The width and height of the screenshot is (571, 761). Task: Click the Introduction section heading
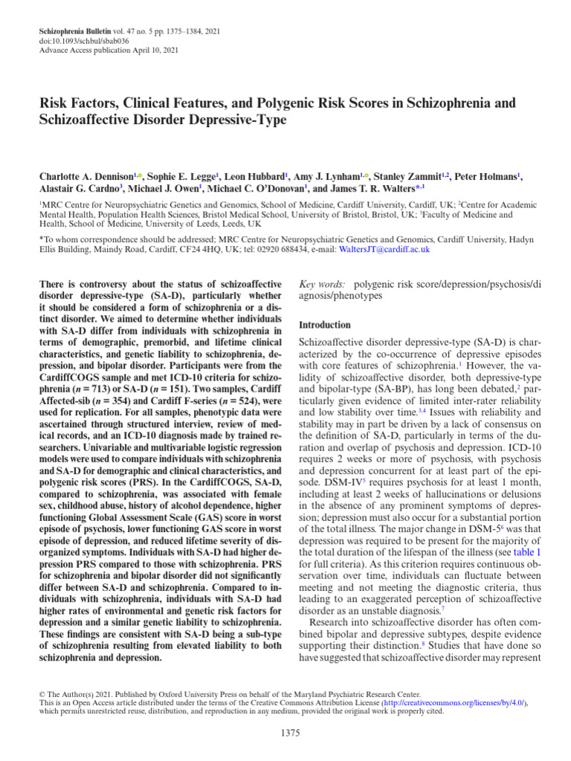coord(324,325)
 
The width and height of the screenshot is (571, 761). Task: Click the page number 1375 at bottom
coord(291,734)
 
